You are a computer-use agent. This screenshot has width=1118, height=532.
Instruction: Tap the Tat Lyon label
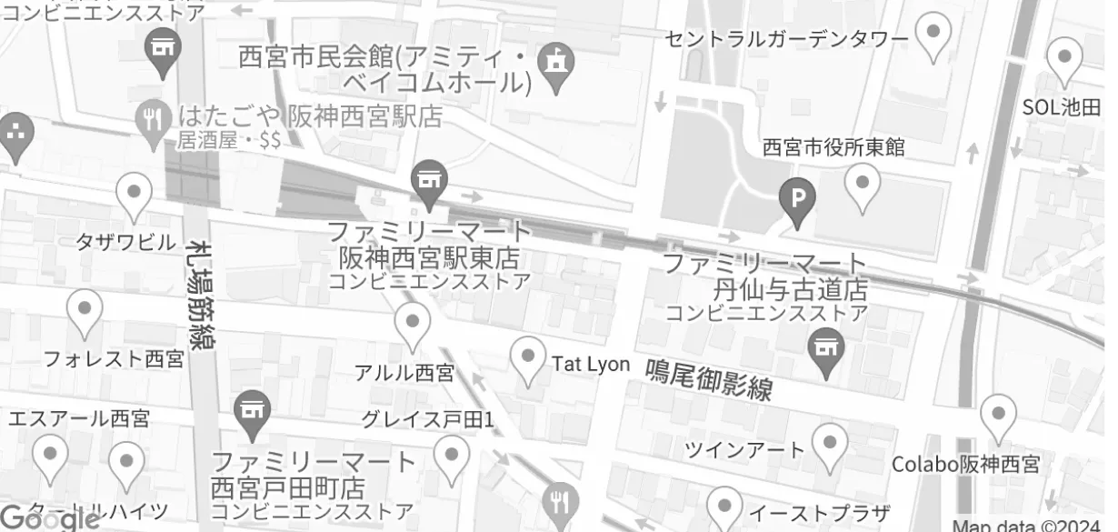[x=591, y=364]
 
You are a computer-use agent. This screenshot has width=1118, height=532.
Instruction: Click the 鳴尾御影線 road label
[x=709, y=380]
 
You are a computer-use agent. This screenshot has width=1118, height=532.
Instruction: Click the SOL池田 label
[x=1062, y=106]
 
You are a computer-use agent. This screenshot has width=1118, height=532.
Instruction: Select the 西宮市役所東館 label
[x=833, y=146]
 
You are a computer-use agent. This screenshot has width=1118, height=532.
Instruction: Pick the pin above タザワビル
[x=135, y=194]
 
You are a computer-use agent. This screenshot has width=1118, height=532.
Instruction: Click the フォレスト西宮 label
[x=114, y=358]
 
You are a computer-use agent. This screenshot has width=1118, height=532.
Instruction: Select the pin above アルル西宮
[x=413, y=323]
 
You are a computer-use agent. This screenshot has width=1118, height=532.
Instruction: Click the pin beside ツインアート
[x=829, y=445]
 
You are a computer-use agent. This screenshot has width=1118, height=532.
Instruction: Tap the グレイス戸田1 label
[x=427, y=419]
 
